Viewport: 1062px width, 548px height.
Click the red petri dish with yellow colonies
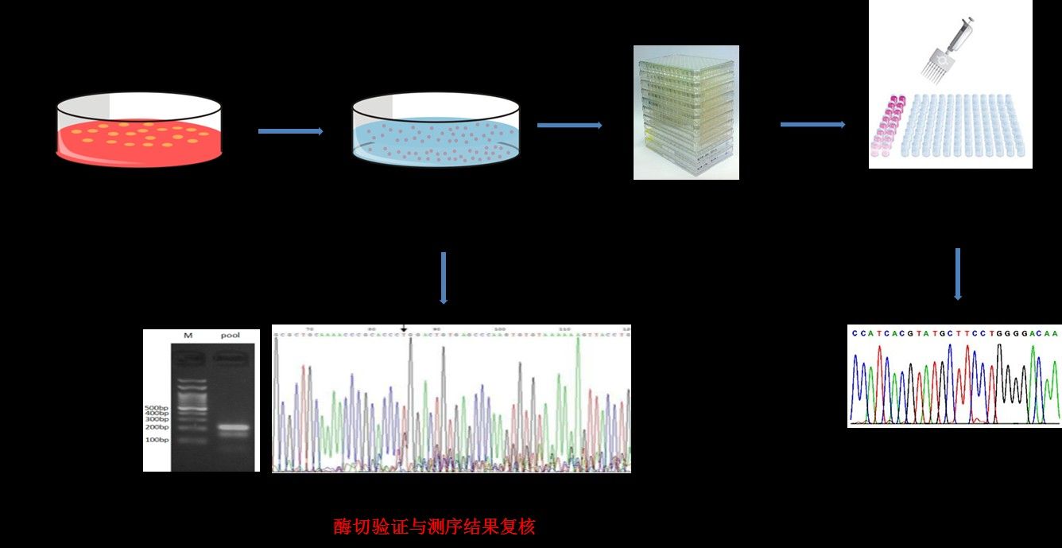138,131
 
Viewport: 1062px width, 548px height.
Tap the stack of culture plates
686,112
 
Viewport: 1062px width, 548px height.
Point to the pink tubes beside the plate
892,123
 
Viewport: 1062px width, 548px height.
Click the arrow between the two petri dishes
291,131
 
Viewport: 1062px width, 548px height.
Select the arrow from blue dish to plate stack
569,125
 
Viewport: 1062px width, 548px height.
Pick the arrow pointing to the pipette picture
812,124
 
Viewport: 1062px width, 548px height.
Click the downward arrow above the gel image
444,278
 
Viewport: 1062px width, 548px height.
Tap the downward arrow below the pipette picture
958,274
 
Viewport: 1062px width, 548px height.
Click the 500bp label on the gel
157,407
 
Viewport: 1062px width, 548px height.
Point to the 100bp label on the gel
157,440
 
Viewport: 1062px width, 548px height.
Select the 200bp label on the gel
157,428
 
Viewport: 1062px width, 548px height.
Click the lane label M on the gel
188,336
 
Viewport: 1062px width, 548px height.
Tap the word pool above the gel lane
230,336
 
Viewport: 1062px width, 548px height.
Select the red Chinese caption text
435,527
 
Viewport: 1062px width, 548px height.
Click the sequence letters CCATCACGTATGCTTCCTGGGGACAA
955,334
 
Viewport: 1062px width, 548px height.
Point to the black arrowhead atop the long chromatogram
403,328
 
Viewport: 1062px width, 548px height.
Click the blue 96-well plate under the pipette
962,127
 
